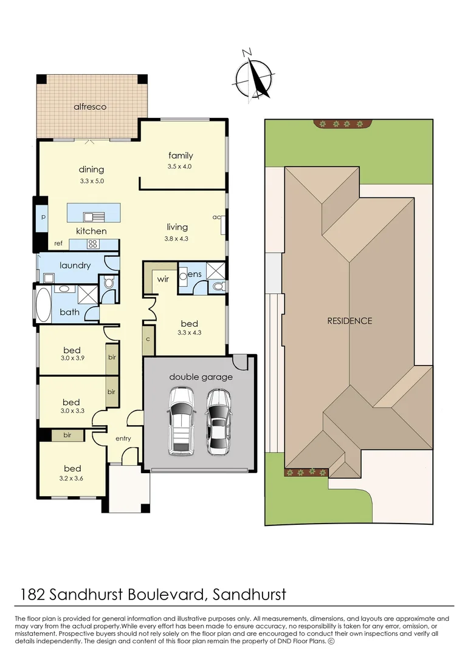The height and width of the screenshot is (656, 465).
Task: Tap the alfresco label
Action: [90, 107]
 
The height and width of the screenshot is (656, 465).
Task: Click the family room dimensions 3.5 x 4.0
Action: [181, 166]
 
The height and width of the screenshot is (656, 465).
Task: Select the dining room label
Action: [91, 169]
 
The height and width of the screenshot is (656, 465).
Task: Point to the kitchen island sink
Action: [94, 216]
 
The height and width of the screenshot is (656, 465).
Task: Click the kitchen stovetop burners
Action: [94, 244]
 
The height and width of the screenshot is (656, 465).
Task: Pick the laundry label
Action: [75, 265]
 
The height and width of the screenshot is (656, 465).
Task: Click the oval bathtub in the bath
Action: [43, 304]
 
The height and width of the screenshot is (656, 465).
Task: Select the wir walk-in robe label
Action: [163, 279]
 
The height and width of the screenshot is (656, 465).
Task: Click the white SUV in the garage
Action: [181, 420]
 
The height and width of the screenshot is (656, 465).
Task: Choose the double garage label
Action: [201, 377]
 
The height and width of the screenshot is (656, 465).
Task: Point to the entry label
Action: [123, 438]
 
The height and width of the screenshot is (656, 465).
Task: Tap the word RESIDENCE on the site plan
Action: [350, 321]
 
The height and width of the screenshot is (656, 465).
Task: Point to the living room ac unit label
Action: [216, 217]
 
